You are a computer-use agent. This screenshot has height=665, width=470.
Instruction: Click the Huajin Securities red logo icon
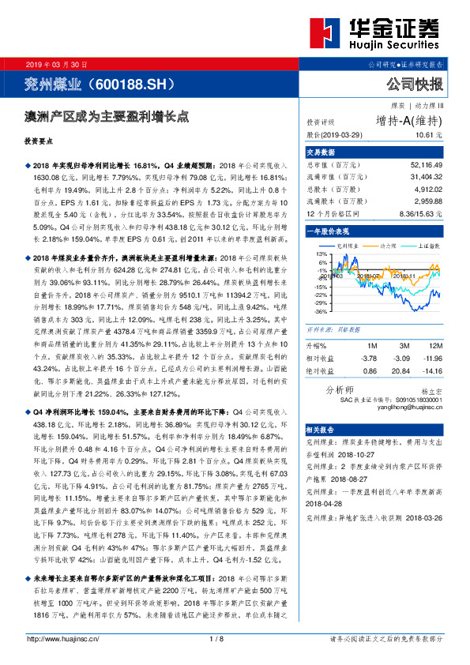[x=325, y=35]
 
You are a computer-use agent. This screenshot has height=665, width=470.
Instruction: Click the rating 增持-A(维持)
[x=408, y=121]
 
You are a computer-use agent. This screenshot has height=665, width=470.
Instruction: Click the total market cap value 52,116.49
[x=426, y=165]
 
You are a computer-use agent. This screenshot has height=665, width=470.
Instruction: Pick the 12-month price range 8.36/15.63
[x=421, y=214]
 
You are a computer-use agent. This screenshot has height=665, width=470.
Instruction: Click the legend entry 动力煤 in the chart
[x=388, y=246]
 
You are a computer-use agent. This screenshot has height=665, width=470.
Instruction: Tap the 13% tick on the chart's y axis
[x=321, y=254]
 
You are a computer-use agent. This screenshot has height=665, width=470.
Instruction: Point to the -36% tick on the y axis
[x=321, y=311]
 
